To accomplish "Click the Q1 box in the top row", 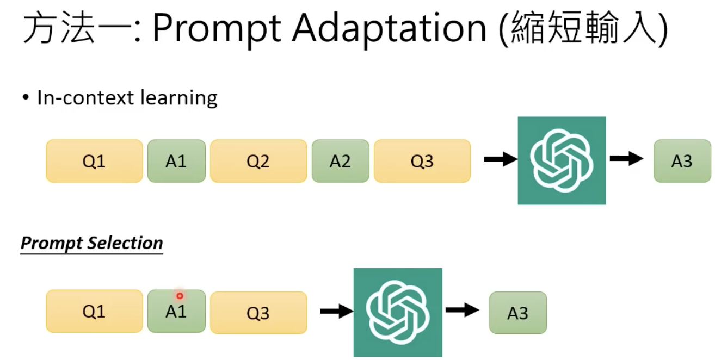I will (94, 161).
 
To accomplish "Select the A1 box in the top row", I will (176, 161).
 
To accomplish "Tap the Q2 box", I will (258, 161).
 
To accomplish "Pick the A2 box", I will (340, 161).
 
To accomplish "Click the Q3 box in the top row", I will (422, 161).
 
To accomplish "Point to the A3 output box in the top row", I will (682, 161).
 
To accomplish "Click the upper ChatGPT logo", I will (562, 160).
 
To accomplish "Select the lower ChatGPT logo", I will (397, 312).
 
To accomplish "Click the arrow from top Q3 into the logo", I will (500, 159).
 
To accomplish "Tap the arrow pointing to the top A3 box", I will (626, 159).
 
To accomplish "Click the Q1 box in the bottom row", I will (94, 312).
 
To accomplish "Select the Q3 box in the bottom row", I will (258, 313).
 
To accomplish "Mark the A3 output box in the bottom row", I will (518, 313).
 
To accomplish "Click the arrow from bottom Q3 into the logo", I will (336, 311).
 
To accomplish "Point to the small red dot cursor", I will (180, 296).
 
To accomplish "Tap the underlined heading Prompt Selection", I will (91, 243).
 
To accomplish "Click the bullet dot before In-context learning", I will (26, 98).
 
